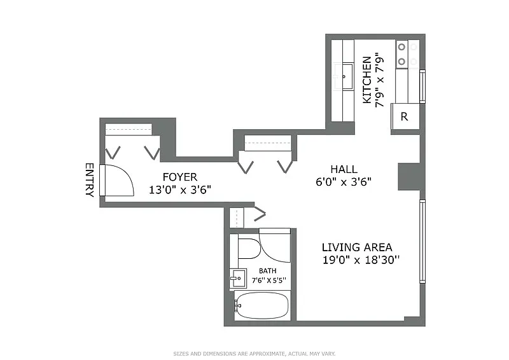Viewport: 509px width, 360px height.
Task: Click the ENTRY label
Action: point(90,180)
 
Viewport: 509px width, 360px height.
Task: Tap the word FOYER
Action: point(180,177)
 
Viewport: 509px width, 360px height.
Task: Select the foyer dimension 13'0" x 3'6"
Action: point(180,190)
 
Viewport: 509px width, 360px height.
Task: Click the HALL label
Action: point(344,169)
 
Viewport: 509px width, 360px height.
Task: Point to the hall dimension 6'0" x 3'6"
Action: point(344,181)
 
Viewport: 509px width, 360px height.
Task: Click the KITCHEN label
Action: point(367,80)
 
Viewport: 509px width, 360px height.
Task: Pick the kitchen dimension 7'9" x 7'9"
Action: point(380,82)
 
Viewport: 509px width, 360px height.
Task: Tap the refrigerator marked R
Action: point(405,116)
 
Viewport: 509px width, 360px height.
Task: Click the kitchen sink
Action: point(344,76)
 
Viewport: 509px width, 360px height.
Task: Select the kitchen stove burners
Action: point(407,54)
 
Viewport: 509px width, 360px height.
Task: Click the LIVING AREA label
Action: point(357,247)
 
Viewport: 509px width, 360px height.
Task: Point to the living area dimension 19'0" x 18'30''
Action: point(361,260)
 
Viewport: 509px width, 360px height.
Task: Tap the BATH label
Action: point(268,271)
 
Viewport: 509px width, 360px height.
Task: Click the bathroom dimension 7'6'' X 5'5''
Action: point(269,280)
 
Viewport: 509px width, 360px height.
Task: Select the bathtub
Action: point(261,305)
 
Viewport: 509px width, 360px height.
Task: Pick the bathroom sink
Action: point(237,279)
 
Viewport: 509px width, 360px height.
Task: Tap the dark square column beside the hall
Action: point(409,176)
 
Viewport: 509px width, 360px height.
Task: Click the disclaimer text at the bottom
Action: point(254,354)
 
